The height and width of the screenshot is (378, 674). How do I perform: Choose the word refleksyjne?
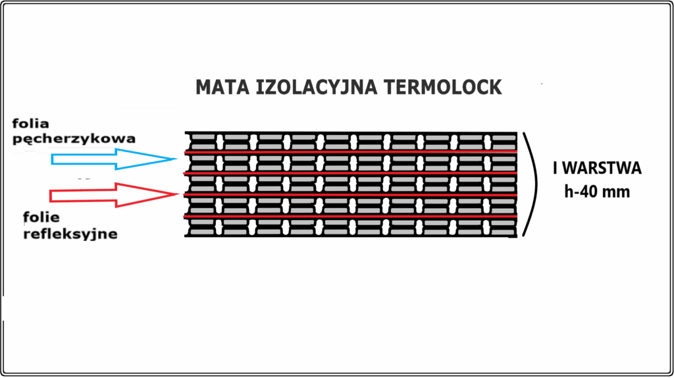point(70,234)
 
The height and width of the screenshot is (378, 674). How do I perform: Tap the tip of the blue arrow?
point(175,159)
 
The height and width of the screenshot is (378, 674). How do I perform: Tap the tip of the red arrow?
point(176,194)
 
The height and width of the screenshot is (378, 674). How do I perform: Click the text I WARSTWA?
point(597,169)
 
